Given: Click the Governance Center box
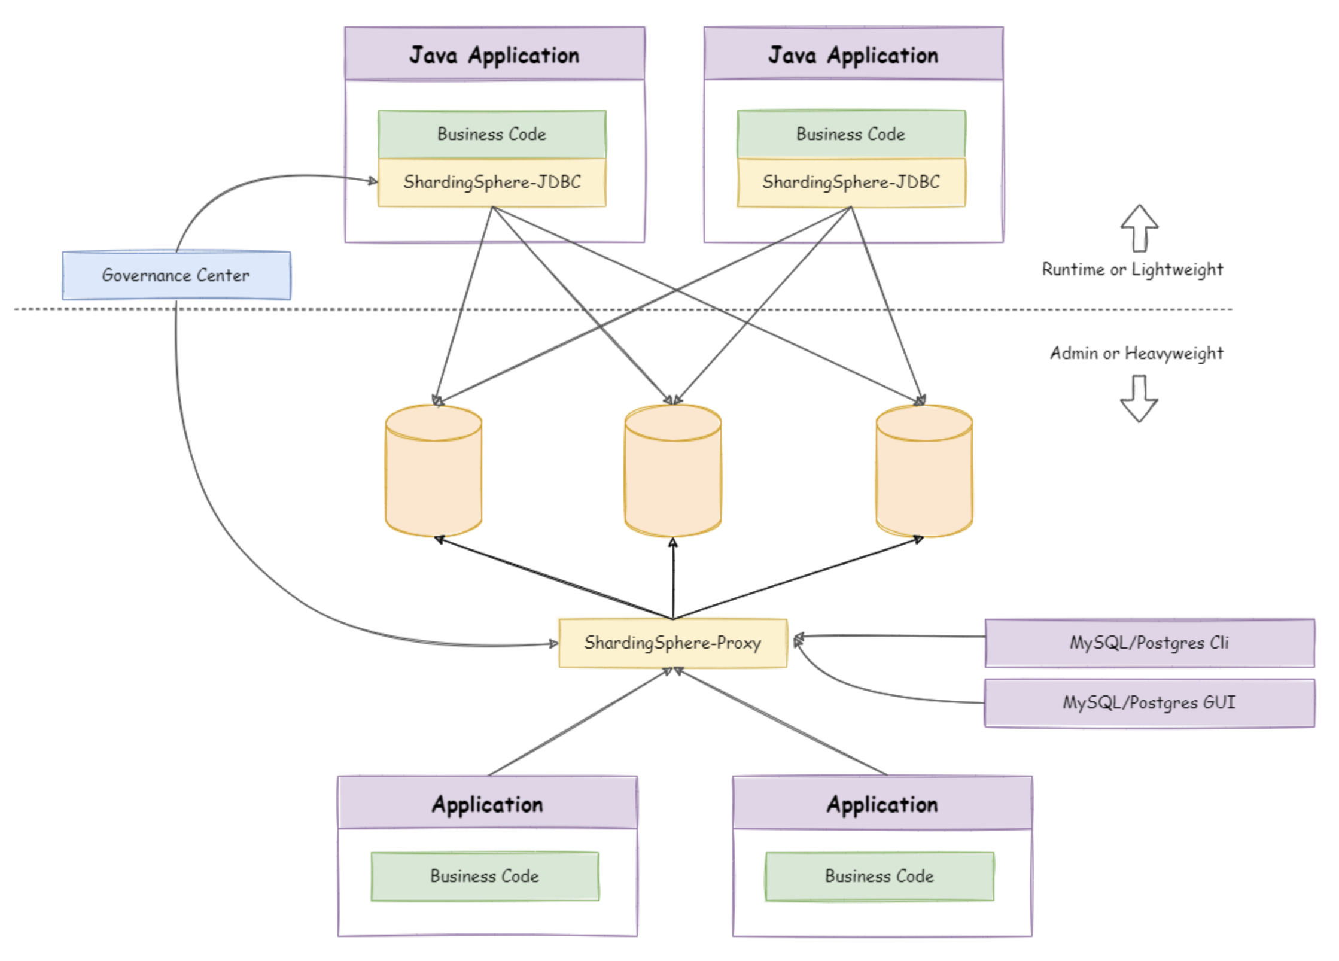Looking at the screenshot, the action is click(176, 275).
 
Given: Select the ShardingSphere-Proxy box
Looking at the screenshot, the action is click(672, 643).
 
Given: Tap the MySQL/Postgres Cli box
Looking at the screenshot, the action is click(1149, 643).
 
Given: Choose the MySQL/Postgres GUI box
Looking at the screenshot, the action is click(1149, 702).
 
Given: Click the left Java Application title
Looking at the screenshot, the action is click(494, 55).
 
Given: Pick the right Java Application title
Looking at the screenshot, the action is click(853, 55).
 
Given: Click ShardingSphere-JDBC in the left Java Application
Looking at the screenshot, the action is click(492, 182).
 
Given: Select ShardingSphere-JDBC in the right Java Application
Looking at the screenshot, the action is click(851, 182).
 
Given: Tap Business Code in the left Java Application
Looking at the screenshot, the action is click(492, 134).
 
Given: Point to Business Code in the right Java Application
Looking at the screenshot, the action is click(851, 134).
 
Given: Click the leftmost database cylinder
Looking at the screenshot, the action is click(434, 470).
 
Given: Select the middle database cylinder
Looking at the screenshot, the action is click(673, 470).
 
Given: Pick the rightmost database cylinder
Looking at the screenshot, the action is click(924, 470).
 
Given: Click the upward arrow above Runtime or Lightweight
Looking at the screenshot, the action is click(1139, 228).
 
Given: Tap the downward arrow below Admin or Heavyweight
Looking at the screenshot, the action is click(1139, 399).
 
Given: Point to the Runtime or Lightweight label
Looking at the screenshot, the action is click(1133, 270).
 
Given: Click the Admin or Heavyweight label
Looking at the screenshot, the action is click(1137, 354).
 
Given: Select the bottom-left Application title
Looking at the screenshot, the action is click(488, 804).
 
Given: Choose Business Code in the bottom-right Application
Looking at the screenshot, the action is click(880, 876).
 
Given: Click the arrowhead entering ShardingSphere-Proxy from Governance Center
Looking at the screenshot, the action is click(553, 644).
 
